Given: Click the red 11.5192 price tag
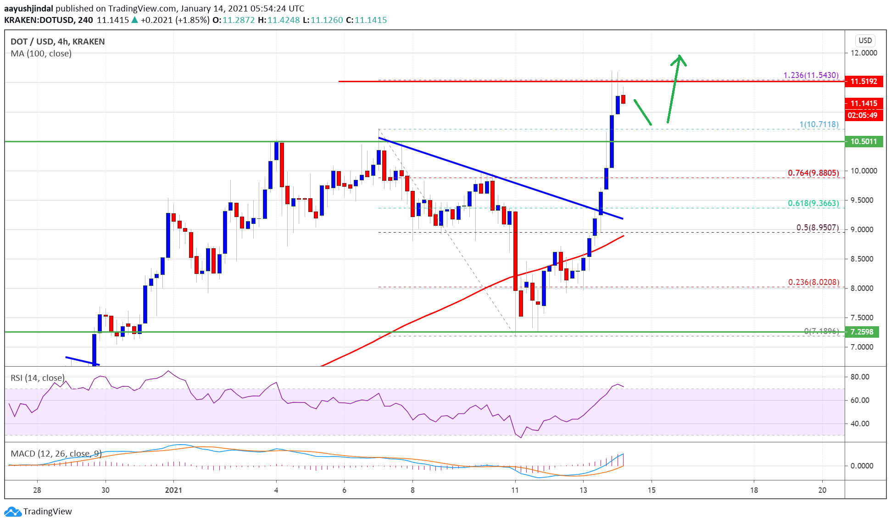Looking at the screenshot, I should click(863, 82).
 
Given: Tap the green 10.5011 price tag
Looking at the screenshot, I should click(863, 141).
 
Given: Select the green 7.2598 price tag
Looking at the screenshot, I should click(862, 332).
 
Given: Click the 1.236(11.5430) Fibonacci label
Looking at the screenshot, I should click(811, 75).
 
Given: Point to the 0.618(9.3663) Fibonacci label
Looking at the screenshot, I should click(813, 203).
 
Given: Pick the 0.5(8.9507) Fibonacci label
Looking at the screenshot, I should click(817, 228).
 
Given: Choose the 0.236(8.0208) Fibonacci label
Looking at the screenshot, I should click(813, 282).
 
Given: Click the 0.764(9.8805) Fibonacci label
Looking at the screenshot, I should click(813, 173).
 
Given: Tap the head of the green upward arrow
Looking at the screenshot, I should click(679, 59).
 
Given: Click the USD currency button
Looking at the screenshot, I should click(865, 40).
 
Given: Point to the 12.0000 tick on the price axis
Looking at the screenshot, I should click(863, 53).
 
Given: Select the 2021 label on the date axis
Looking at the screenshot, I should click(173, 490).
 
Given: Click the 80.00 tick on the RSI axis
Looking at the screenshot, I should click(859, 377).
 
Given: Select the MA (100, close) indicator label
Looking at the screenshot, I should click(41, 54).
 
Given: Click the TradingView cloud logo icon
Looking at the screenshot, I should click(12, 512).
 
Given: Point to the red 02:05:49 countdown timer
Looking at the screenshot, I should click(862, 116).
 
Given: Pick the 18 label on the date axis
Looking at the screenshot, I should click(754, 490).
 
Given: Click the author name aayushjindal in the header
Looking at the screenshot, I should click(28, 9).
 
